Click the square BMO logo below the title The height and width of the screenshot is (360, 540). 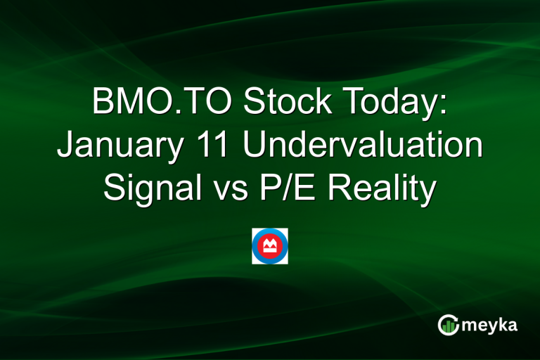point(270,246)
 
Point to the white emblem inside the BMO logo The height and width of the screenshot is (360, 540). point(270,245)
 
